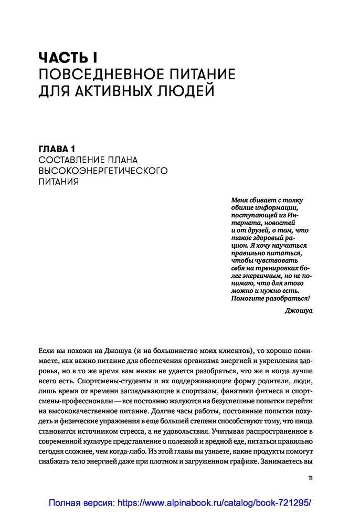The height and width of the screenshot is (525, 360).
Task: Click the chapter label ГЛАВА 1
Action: tap(61, 149)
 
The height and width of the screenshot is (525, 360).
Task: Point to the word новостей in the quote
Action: tap(281, 223)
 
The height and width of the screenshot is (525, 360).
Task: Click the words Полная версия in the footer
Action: tap(81, 503)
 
